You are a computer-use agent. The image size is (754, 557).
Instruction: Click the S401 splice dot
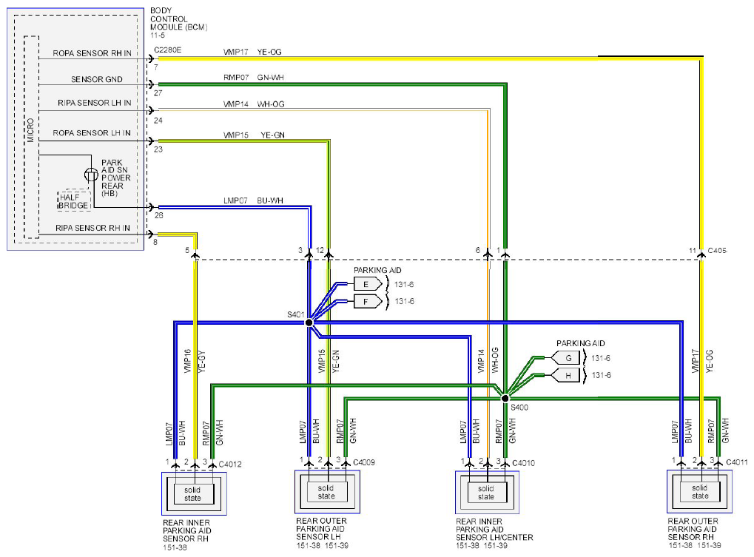click(x=309, y=323)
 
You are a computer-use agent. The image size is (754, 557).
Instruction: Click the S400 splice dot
click(x=505, y=398)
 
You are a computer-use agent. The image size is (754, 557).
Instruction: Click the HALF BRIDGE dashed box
click(x=74, y=201)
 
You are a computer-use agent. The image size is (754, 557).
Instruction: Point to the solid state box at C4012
click(x=192, y=494)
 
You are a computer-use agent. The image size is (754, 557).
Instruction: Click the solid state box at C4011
click(x=700, y=492)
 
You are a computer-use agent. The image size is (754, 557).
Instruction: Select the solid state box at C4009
click(x=326, y=492)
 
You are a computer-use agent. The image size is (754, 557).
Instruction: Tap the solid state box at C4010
click(x=486, y=493)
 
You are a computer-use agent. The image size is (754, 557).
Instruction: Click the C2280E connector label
click(x=168, y=50)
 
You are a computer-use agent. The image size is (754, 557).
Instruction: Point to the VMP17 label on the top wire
click(x=235, y=52)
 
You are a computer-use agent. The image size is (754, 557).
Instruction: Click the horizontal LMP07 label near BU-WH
click(x=235, y=200)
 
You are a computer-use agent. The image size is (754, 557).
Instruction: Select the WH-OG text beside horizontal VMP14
click(x=271, y=104)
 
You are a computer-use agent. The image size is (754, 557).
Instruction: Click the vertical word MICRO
click(x=31, y=130)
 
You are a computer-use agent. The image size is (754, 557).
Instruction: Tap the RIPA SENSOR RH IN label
click(x=92, y=228)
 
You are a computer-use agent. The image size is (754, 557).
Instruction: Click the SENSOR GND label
click(x=97, y=79)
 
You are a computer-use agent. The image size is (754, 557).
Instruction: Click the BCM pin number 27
click(x=158, y=92)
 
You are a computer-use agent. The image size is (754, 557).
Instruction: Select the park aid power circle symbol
click(x=91, y=175)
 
